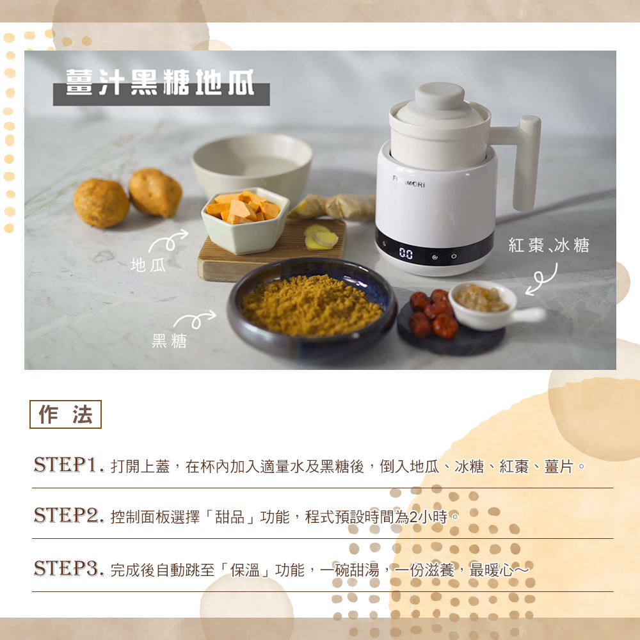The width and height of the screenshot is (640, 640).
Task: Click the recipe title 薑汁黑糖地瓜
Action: point(160,82)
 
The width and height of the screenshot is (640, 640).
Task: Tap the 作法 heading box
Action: point(65,414)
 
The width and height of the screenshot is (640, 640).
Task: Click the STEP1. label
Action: point(68,465)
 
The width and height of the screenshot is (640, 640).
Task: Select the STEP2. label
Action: point(68,515)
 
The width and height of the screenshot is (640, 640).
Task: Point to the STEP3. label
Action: point(68,568)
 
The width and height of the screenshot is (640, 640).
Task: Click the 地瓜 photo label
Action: point(148,266)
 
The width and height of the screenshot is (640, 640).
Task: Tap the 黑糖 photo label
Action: point(169,341)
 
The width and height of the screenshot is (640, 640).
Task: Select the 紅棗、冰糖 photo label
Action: point(549,245)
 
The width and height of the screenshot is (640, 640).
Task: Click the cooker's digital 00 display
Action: point(406,254)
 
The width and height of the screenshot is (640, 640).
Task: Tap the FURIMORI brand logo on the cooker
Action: point(408,182)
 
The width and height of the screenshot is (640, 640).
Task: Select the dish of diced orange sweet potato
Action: point(245,220)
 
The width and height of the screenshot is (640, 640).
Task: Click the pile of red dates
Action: point(433,314)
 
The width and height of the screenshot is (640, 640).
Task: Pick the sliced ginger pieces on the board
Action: point(321,237)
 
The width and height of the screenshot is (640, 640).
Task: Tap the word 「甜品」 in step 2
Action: point(230,517)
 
